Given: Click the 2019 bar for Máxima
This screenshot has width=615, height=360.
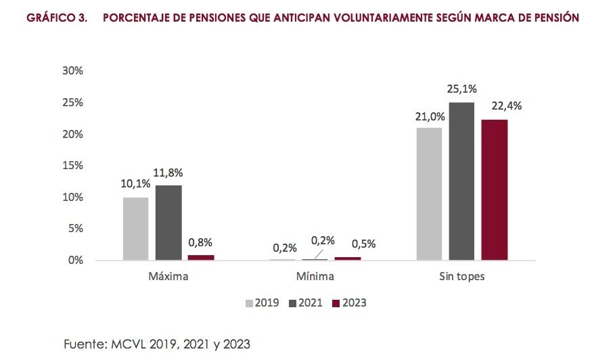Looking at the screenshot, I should coord(135,229).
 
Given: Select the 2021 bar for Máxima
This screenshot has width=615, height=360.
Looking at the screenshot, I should coord(168,223).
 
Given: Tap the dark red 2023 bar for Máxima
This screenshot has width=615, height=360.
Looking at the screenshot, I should coord(201,257).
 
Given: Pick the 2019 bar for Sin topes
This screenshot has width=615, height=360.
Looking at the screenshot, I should coord(429,194).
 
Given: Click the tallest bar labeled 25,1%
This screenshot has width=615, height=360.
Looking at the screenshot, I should coord(461,181).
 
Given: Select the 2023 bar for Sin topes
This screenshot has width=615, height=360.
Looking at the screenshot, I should coord(495,189).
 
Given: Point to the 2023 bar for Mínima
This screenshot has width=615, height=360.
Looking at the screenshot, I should coord(348,258).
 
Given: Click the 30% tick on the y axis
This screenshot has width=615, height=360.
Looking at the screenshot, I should coord(72,71).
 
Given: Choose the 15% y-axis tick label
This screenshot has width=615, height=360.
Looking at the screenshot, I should coord(72,166).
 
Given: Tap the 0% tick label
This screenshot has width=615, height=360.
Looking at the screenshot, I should coord(75,261).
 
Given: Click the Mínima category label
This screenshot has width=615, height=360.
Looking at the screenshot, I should coord(315,277).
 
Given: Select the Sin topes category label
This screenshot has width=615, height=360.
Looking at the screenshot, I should coord(461,277).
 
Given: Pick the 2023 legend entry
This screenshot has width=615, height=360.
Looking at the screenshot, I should coord(349,302).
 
